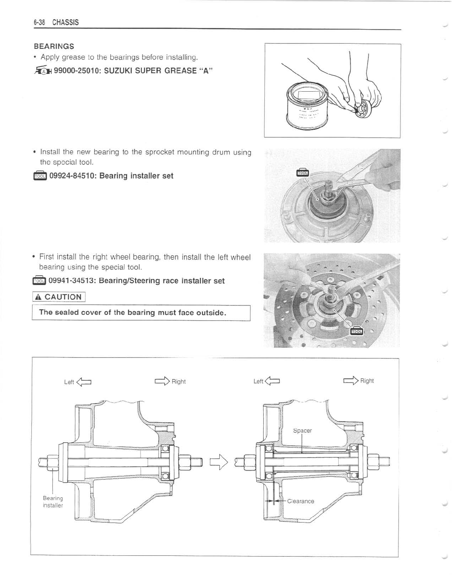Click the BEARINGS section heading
tap(54, 46)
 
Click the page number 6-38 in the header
tap(39, 23)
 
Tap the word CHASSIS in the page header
tap(66, 23)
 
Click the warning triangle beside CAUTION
tap(38, 297)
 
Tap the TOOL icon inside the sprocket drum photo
tap(302, 172)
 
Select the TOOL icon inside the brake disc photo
tap(357, 331)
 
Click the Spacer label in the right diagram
tap(302, 431)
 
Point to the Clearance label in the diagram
tap(301, 501)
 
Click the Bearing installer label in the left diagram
tap(53, 502)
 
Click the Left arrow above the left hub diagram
tap(84, 382)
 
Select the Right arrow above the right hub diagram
tap(351, 380)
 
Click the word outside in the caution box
tap(211, 313)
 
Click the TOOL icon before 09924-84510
tap(40, 176)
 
